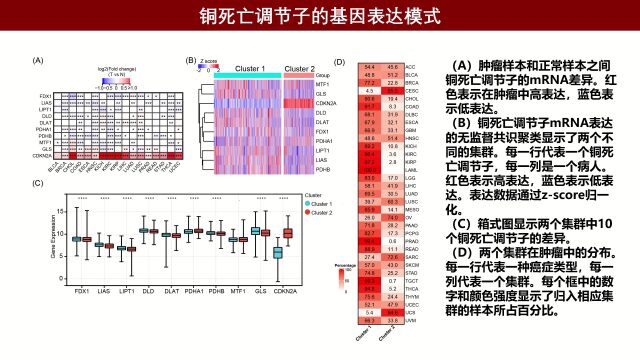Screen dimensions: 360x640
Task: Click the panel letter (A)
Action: [39, 61]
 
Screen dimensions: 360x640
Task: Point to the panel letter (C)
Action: [39, 182]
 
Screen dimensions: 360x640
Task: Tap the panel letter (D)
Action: [339, 61]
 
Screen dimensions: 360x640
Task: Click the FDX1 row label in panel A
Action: [46, 95]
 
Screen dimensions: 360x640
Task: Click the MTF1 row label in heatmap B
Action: [321, 85]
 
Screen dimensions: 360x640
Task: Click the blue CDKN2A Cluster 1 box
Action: [277, 252]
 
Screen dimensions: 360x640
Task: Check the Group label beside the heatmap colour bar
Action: [322, 76]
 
